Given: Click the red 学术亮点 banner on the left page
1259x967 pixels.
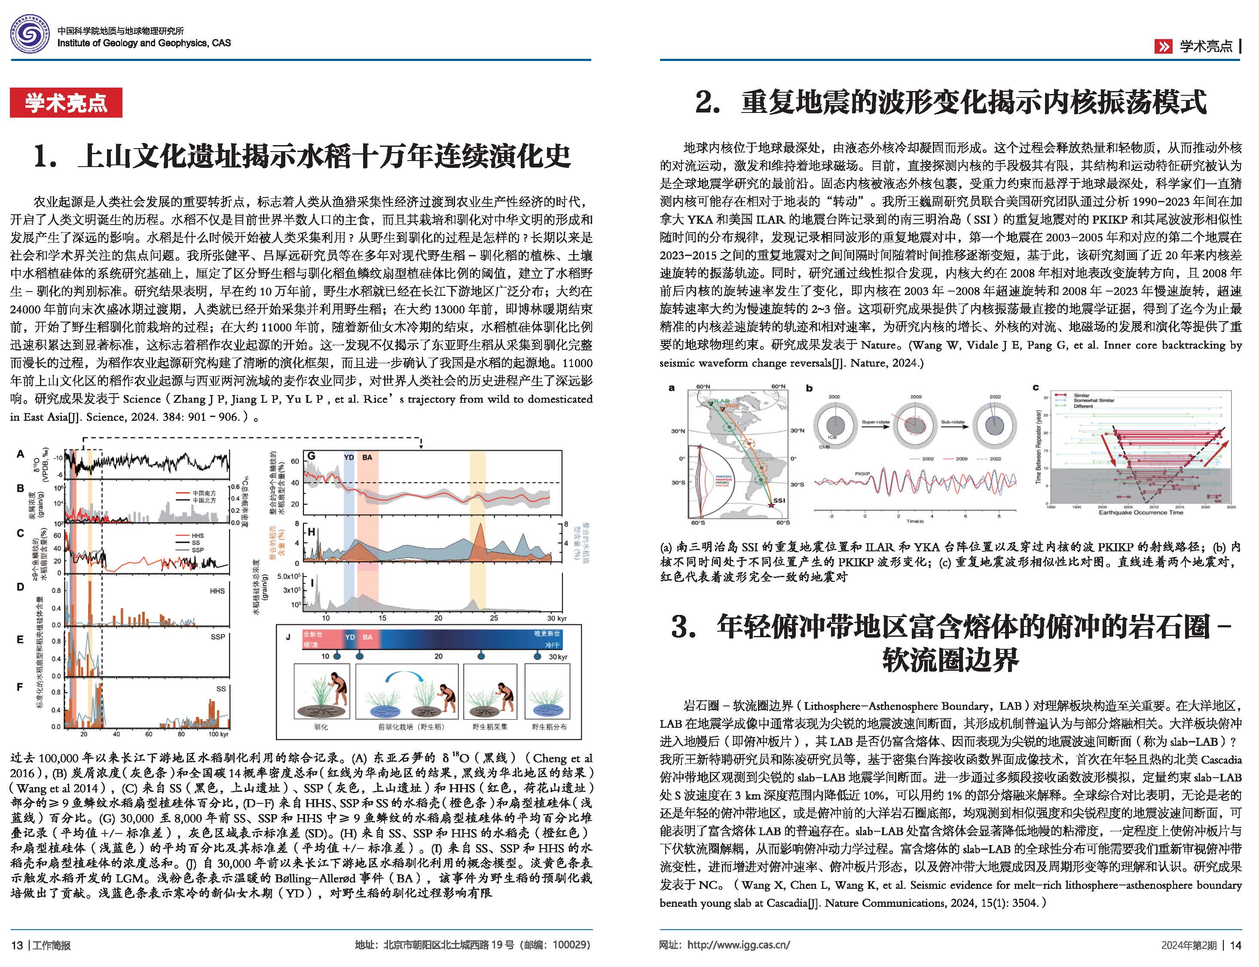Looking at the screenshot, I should [66, 103].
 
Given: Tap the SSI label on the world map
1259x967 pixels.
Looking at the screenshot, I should [779, 500].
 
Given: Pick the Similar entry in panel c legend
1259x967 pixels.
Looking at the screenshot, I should [1081, 396].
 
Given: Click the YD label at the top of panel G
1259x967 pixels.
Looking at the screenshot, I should [348, 458].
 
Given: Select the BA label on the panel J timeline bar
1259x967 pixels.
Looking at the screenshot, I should [367, 638].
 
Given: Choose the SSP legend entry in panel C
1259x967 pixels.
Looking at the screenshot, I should [198, 550].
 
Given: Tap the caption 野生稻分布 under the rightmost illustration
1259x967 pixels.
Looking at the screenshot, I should [549, 727].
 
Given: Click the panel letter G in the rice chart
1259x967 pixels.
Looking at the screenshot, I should [312, 456].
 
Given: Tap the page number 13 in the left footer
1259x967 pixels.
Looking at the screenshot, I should [17, 945].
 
